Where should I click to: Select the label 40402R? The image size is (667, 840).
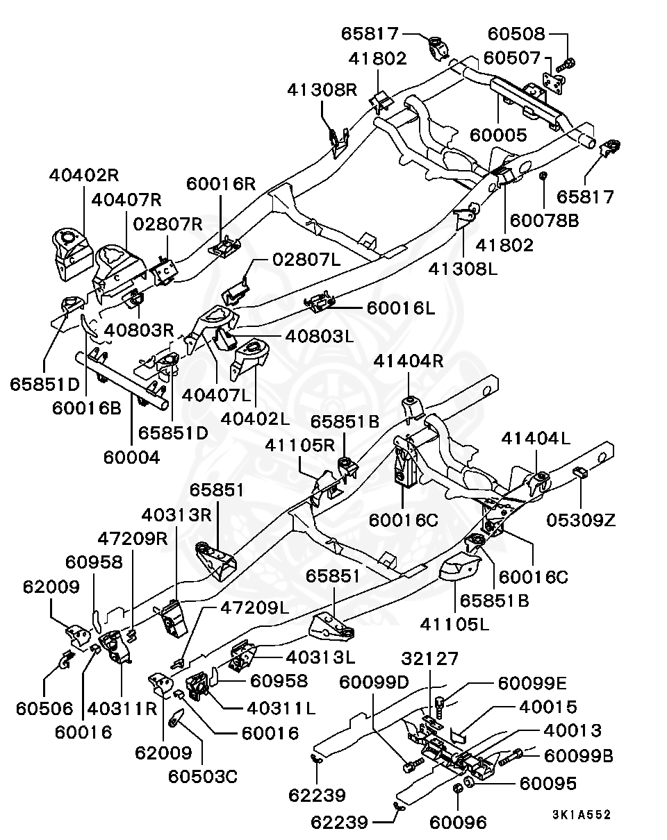click(x=84, y=176)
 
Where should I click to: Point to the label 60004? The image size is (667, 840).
click(x=131, y=457)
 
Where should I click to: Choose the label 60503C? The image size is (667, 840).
click(x=202, y=775)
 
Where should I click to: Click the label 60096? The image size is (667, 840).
click(x=458, y=823)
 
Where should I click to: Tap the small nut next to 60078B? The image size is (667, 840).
click(x=545, y=176)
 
